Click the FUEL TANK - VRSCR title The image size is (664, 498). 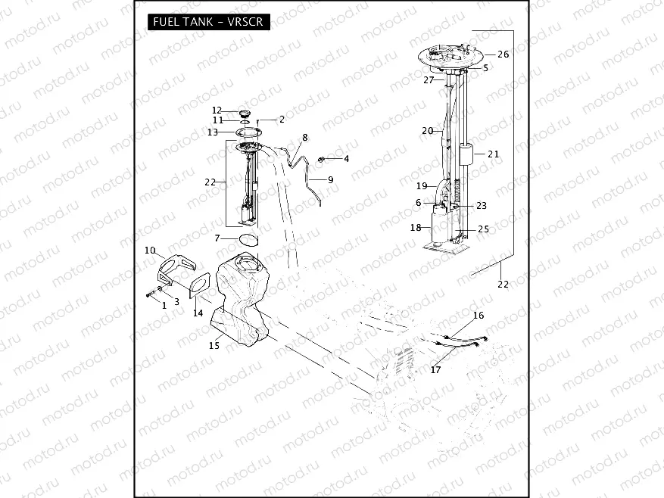point(207,21)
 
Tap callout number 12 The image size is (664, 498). point(217,110)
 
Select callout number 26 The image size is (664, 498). point(503,54)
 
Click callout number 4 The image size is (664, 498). point(347,159)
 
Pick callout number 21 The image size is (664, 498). point(494,154)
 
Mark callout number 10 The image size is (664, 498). point(150,251)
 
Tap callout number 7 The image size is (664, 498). point(217,238)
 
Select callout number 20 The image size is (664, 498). point(427,131)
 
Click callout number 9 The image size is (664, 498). point(330,179)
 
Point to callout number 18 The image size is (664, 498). point(416,227)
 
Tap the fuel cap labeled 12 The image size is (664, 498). point(245,114)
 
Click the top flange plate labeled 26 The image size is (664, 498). point(450,55)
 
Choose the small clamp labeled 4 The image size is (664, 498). point(322,159)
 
